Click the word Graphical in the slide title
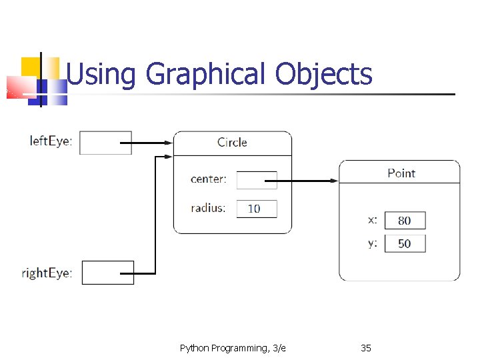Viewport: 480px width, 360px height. pyautogui.click(x=206, y=75)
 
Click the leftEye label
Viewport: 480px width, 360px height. pyautogui.click(x=51, y=141)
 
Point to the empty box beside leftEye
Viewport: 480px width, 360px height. pyautogui.click(x=105, y=143)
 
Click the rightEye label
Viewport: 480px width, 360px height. pyautogui.click(x=47, y=273)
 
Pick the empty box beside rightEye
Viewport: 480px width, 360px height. pyautogui.click(x=107, y=273)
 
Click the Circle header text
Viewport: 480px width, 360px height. pyautogui.click(x=232, y=142)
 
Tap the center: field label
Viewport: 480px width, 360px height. pyautogui.click(x=208, y=179)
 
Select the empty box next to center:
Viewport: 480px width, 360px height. pyautogui.click(x=256, y=180)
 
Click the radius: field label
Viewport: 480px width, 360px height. pyautogui.click(x=208, y=207)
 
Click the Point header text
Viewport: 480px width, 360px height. pyautogui.click(x=401, y=173)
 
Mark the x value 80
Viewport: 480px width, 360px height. pyautogui.click(x=405, y=221)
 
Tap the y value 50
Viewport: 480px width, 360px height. pyautogui.click(x=405, y=243)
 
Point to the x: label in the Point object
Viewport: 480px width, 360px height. pyautogui.click(x=373, y=219)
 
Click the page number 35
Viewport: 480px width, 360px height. pyautogui.click(x=365, y=347)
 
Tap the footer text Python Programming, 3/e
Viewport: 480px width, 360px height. pyautogui.click(x=233, y=347)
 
